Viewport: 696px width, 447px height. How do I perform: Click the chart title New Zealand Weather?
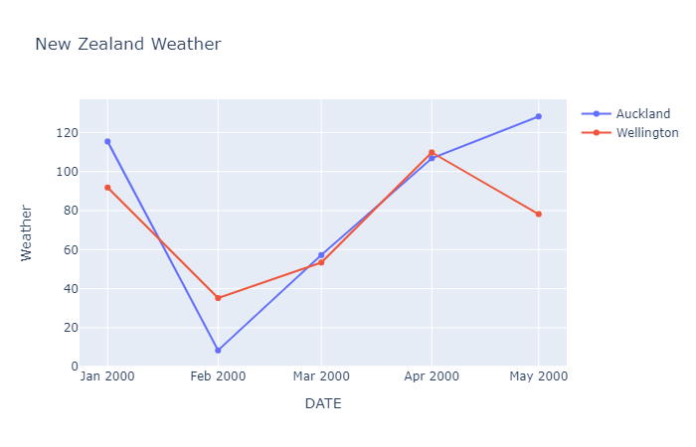[128, 45]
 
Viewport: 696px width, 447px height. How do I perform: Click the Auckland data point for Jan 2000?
[107, 141]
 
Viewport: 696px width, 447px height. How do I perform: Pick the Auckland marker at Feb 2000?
[218, 350]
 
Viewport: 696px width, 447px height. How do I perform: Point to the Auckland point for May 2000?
[538, 116]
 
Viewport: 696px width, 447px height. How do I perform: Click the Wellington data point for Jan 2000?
[107, 187]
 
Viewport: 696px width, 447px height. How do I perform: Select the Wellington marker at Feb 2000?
[218, 298]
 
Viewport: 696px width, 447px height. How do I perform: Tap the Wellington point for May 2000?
[538, 214]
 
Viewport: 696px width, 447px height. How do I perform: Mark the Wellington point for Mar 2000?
[321, 262]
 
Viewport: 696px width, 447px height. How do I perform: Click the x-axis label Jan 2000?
[107, 376]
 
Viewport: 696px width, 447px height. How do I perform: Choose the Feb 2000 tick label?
[218, 376]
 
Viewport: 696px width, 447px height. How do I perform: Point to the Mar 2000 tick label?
[321, 376]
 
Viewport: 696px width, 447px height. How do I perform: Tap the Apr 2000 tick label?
[432, 376]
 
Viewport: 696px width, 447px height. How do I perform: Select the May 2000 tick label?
[538, 376]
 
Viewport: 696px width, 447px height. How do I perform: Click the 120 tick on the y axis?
[66, 133]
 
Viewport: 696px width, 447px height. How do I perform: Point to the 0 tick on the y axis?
[73, 367]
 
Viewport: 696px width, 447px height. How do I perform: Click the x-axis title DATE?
[323, 403]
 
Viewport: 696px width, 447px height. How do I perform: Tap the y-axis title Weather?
[27, 232]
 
